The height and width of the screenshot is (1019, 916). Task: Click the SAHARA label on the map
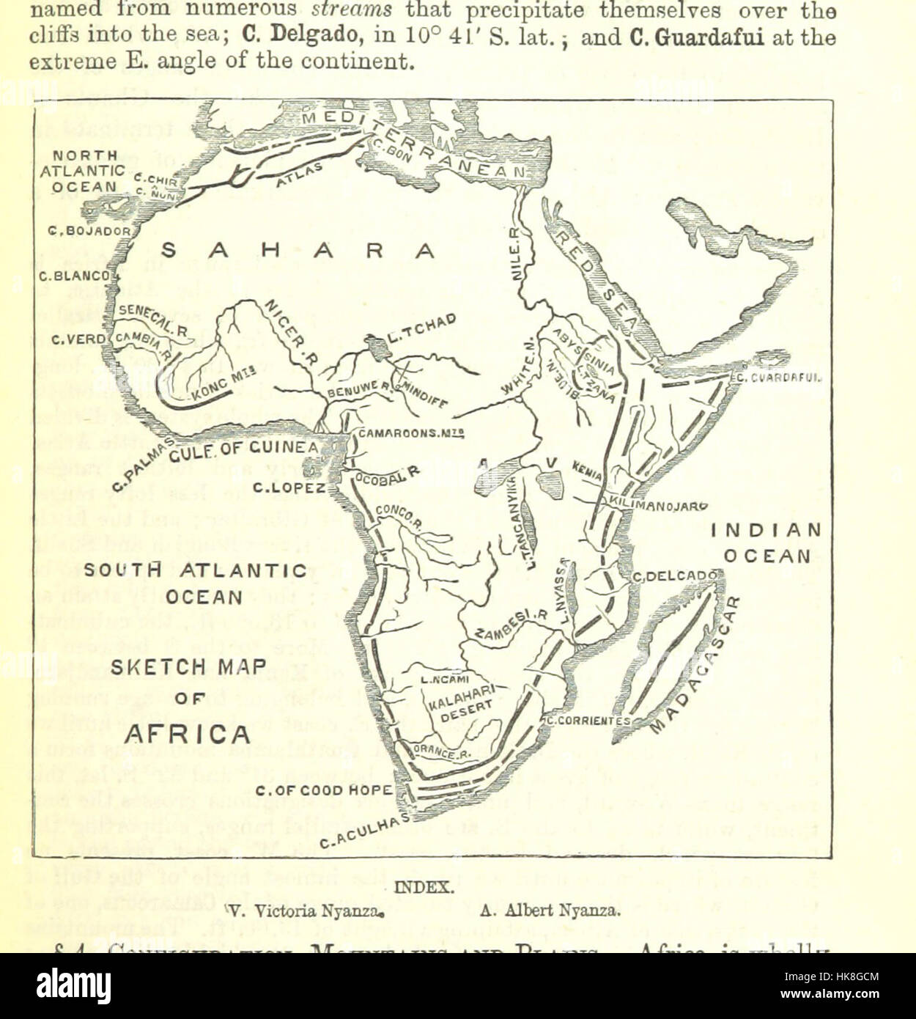[x=298, y=251]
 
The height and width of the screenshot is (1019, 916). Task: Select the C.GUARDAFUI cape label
[x=779, y=378]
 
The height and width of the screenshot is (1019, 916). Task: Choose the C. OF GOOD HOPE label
[x=325, y=790]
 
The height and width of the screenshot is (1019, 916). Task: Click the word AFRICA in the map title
[x=187, y=734]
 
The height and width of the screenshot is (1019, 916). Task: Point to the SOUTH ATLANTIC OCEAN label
[x=195, y=583]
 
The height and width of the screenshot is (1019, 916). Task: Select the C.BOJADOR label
[x=89, y=231]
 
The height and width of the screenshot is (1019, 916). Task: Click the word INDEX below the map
[x=424, y=886]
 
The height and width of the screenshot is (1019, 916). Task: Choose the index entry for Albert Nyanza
[x=550, y=911]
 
